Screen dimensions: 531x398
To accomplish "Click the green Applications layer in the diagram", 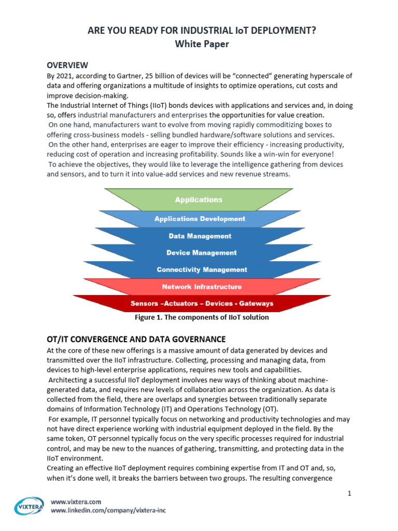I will pos(198,200).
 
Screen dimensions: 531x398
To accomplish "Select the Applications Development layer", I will pos(200,219).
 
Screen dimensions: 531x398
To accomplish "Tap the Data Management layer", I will pos(200,236).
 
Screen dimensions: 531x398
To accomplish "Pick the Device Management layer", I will pos(201,253).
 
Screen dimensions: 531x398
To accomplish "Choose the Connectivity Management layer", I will pos(202,270).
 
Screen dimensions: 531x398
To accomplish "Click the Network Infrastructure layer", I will pos(202,286).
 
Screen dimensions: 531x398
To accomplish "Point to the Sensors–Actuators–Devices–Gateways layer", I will pos(202,303).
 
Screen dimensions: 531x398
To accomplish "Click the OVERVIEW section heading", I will pos(67,65).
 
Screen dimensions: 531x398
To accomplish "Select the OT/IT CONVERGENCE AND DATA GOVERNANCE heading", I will pos(136,339).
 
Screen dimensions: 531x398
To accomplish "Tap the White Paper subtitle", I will pos(202,44).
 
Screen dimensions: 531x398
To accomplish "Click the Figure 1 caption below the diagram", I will pos(202,317).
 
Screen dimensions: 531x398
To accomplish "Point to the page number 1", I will pos(349,493).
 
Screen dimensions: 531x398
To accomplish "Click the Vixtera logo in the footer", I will pos(29,506).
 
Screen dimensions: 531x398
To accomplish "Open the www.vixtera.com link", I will pos(76,501).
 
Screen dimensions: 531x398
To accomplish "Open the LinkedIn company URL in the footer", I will pos(108,510).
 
